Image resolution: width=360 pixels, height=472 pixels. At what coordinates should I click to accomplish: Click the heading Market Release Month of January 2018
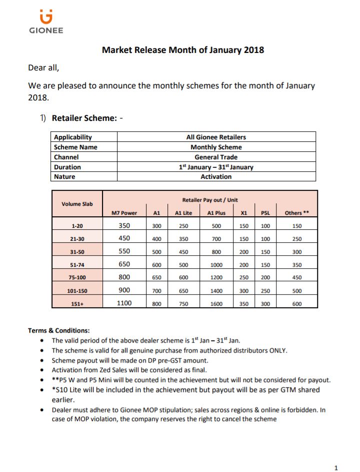point(183,50)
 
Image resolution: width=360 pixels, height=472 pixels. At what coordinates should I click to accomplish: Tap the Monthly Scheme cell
point(216,147)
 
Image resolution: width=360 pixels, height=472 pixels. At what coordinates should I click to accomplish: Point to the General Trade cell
point(216,157)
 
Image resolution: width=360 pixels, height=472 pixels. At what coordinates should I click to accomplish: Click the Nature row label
point(64,177)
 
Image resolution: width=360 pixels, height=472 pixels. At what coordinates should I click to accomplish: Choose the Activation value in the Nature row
point(216,177)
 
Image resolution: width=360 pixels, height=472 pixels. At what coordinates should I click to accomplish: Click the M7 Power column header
point(124,213)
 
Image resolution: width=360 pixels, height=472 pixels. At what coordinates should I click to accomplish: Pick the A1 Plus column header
point(216,213)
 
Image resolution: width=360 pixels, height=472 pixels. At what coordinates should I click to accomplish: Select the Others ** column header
point(296,213)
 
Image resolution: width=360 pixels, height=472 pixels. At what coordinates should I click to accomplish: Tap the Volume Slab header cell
point(77,204)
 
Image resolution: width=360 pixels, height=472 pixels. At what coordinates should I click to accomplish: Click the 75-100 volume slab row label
point(77,277)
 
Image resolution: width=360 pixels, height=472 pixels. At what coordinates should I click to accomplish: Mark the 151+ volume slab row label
point(77,303)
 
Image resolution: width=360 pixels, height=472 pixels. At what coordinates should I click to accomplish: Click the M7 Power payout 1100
point(124,303)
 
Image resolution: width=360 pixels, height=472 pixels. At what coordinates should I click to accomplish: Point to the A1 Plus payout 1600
point(216,303)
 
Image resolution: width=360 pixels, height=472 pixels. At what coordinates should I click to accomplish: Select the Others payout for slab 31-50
point(296,252)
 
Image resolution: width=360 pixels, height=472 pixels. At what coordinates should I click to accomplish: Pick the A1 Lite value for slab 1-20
point(183,226)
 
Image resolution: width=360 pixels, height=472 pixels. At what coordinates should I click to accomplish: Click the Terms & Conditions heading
point(59,330)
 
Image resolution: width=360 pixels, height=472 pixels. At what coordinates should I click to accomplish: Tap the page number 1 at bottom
point(336,468)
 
